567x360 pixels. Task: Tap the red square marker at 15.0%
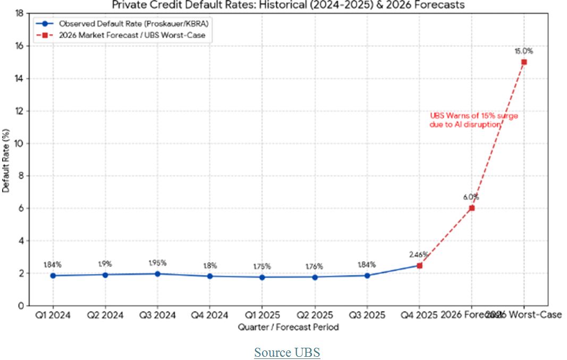(x=524, y=62)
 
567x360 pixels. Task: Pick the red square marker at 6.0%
(x=471, y=208)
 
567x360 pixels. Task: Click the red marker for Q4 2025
(x=419, y=265)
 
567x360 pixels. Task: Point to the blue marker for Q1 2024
(x=53, y=275)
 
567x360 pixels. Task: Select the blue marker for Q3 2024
(x=158, y=274)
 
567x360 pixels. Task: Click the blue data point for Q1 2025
(x=263, y=277)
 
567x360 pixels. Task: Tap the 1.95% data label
(x=158, y=263)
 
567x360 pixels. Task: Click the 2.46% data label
(x=419, y=254)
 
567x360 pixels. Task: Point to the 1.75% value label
(x=263, y=266)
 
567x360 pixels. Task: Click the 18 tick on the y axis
(x=20, y=13)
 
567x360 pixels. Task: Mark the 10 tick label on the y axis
(x=20, y=144)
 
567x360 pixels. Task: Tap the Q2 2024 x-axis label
(x=105, y=315)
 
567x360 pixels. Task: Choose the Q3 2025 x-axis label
(x=367, y=315)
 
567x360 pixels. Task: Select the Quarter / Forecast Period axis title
(x=288, y=327)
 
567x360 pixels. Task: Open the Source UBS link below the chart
(x=287, y=353)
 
